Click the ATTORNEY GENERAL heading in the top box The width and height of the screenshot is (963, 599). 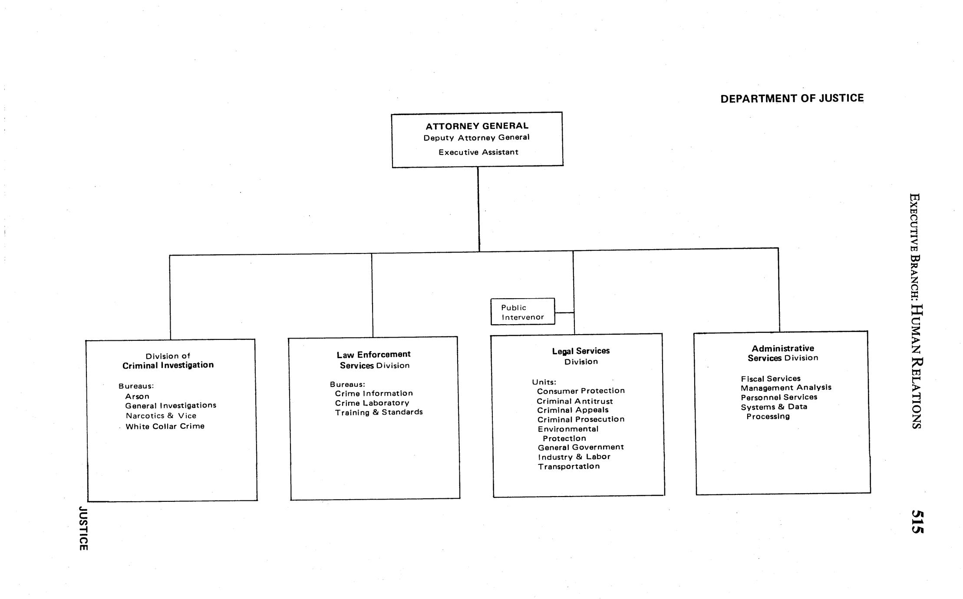[477, 126]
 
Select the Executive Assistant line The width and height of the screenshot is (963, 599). [478, 152]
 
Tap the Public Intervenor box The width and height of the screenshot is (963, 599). [522, 312]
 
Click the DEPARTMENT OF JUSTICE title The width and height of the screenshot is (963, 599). [792, 99]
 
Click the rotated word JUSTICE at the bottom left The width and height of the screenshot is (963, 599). [83, 528]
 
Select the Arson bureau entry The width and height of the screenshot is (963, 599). [137, 396]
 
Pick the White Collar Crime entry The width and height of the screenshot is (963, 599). [165, 426]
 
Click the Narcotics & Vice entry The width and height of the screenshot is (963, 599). [161, 416]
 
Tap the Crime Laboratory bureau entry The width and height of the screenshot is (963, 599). [372, 403]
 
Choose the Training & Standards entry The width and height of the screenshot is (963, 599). [379, 412]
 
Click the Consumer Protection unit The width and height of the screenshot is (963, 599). [580, 391]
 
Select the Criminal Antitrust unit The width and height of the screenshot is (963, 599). [575, 401]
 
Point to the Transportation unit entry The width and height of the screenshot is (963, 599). [569, 467]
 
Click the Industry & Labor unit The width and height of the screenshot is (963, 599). [574, 457]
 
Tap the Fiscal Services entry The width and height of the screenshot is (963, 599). [771, 378]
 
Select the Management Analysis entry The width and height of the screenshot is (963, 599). [786, 388]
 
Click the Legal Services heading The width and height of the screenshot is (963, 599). [581, 351]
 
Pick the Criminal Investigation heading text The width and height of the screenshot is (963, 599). [168, 365]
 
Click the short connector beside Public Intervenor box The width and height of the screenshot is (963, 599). [564, 312]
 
